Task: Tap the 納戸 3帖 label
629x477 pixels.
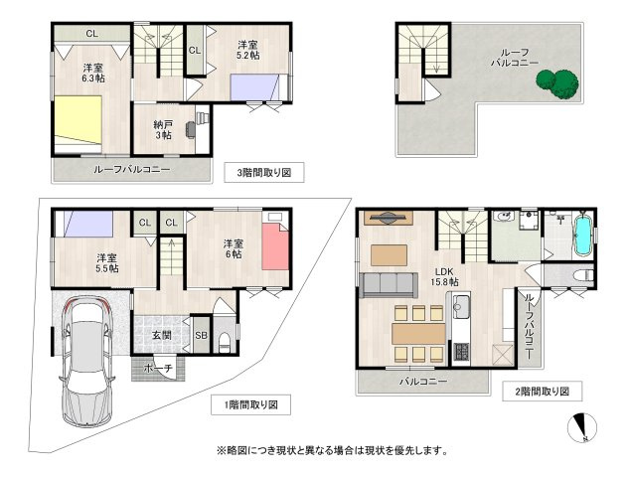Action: (x=163, y=130)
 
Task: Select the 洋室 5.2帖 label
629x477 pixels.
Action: (x=249, y=51)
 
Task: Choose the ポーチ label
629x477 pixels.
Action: (x=158, y=369)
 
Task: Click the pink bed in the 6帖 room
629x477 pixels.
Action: (x=273, y=248)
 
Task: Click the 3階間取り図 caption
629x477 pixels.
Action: (x=264, y=172)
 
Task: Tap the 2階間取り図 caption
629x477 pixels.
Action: (x=543, y=391)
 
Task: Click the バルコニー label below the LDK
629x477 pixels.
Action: (x=422, y=382)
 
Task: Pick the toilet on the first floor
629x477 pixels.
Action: (x=226, y=341)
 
